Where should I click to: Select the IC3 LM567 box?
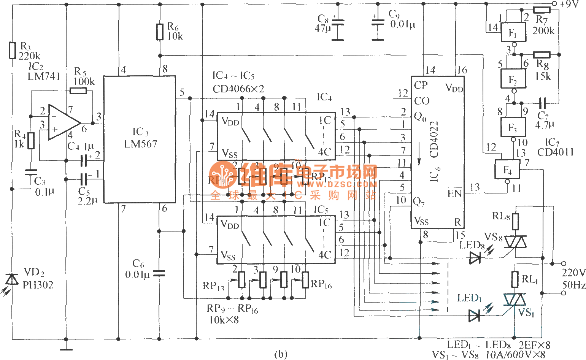coord(140,139)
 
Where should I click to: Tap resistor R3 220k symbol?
coord(12,50)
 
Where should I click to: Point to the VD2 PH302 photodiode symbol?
coord(13,280)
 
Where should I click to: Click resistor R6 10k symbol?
coord(160,32)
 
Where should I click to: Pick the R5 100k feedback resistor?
coord(78,91)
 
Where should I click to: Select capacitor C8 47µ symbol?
coord(337,23)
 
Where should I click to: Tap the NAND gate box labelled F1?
coord(513,32)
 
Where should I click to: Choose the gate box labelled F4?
coord(507,169)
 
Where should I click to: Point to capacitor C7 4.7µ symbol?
coord(542,102)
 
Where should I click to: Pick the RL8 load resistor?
coord(515,221)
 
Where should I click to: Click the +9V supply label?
coord(569,4)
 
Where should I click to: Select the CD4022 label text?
coord(434,139)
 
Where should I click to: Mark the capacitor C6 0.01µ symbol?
coord(160,273)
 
